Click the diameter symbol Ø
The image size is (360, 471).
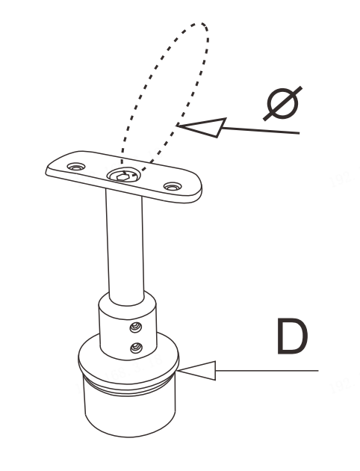tap(282, 103)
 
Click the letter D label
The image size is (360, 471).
tap(292, 336)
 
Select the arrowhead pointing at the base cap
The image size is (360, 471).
tap(197, 371)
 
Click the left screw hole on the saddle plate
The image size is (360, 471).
tap(76, 167)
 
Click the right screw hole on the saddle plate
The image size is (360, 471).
tap(173, 187)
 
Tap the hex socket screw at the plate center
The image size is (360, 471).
tap(123, 176)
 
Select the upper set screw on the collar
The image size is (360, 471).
tap(136, 327)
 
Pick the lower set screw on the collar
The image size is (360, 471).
tap(136, 348)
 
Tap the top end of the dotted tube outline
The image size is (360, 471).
tap(202, 24)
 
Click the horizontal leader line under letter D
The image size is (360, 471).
tap(267, 371)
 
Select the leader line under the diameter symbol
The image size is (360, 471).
tap(261, 130)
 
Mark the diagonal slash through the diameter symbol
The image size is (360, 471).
tap(282, 104)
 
